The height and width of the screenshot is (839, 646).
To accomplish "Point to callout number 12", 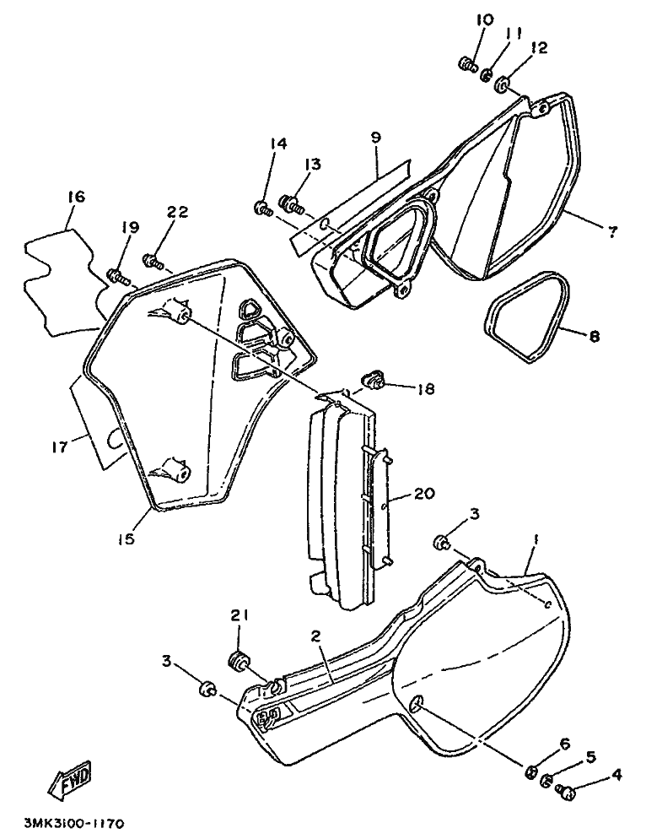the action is (539, 47).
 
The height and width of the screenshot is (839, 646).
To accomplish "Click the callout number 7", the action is (612, 231).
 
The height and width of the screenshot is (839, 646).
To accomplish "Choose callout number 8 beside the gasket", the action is (594, 336).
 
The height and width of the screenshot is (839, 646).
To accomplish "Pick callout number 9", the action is (375, 137).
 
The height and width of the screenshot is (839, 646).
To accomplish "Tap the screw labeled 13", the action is (290, 204).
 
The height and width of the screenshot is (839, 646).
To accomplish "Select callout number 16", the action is (76, 197).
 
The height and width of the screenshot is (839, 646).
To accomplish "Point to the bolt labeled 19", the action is (118, 277).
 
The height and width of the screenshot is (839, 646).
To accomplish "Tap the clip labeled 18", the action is (374, 381).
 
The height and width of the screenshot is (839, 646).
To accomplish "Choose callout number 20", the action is (423, 492).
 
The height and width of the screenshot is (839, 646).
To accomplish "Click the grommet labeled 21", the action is (238, 661).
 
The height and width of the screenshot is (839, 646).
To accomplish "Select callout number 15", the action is (127, 539).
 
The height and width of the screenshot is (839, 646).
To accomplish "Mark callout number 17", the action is (61, 447).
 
